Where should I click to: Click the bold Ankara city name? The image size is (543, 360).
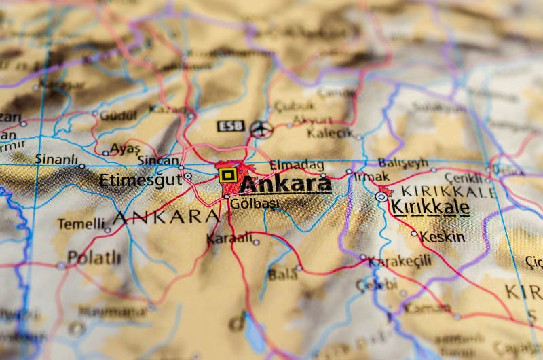click(x=286, y=183)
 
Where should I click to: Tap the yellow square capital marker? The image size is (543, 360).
click(x=227, y=175)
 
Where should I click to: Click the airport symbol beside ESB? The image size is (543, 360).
click(x=261, y=129)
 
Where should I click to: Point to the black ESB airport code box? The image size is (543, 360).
click(x=230, y=126)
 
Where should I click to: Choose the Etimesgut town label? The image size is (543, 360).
click(x=141, y=180)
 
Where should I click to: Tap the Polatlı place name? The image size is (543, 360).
click(x=94, y=257)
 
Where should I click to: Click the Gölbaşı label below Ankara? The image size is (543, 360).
click(x=255, y=204)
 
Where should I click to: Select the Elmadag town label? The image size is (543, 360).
click(x=297, y=164)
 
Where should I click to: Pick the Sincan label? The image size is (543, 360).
click(x=157, y=160)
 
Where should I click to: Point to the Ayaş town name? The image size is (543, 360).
click(x=125, y=148)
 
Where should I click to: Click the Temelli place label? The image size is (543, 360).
click(x=81, y=223)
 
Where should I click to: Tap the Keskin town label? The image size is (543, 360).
click(x=443, y=236)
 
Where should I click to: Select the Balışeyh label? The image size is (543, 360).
click(x=403, y=163)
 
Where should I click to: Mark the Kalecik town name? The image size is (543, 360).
click(x=330, y=132)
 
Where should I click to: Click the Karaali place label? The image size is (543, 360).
click(x=229, y=238)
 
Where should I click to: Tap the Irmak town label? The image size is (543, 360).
click(x=371, y=177)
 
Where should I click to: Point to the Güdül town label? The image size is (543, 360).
click(x=118, y=115)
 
